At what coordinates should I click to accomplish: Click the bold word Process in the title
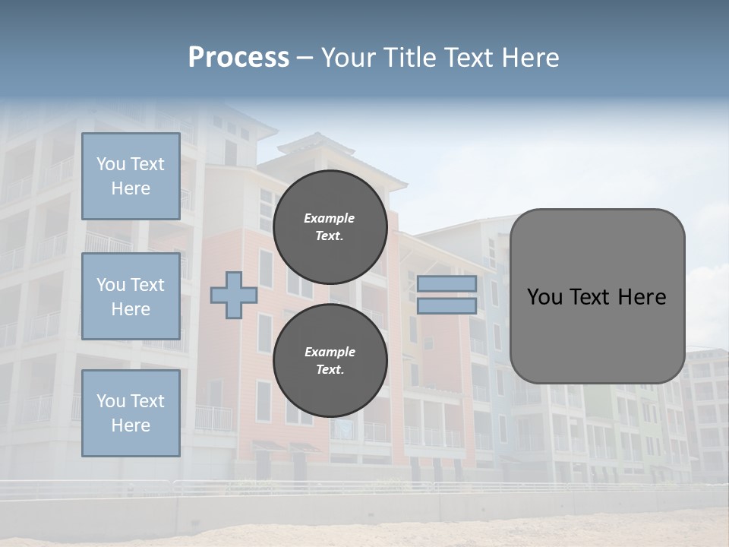click(238, 58)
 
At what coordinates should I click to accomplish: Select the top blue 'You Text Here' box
click(131, 176)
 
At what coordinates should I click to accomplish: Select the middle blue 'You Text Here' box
click(131, 296)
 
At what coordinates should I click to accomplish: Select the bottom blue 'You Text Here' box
click(131, 413)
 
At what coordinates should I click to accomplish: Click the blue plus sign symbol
click(233, 295)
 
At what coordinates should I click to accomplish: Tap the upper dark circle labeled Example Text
click(330, 226)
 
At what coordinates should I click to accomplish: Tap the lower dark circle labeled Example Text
click(330, 360)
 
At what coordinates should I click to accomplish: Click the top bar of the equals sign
click(447, 283)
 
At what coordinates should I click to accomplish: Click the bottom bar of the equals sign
click(447, 305)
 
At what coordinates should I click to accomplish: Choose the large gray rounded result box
click(597, 296)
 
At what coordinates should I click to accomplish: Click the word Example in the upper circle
click(330, 218)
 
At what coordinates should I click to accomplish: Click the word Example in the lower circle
click(330, 352)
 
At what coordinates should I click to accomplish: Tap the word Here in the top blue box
click(131, 188)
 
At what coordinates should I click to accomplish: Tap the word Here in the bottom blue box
click(131, 425)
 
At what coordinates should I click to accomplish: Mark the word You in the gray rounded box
click(544, 297)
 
